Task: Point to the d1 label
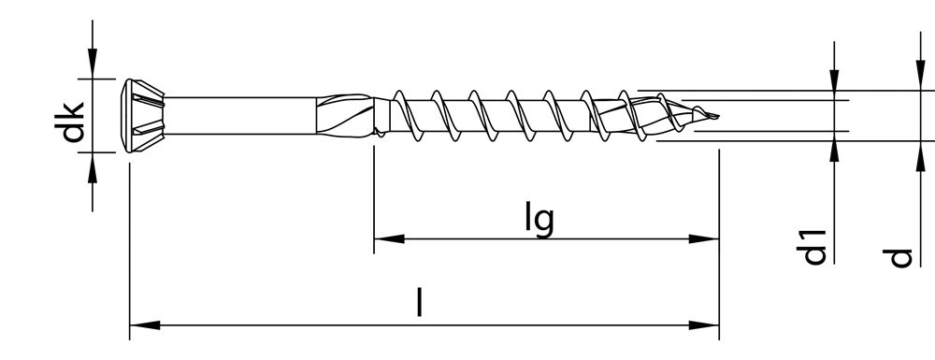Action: [814, 246]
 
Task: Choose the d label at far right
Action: [899, 255]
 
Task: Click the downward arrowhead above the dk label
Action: [93, 65]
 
